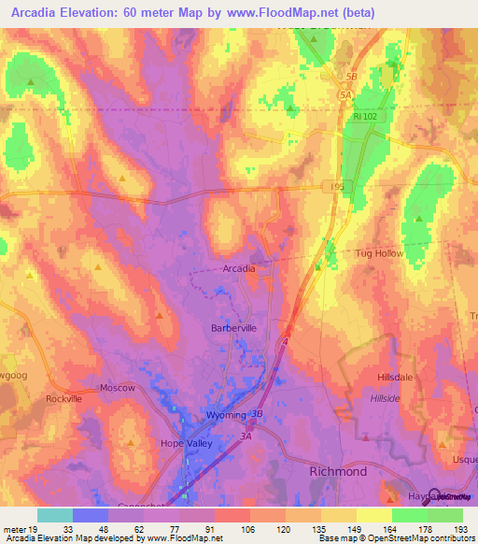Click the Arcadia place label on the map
(239, 268)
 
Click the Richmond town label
(338, 472)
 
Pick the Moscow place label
(118, 387)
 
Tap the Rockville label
(63, 398)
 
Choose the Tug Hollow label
(379, 253)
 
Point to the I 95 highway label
(338, 187)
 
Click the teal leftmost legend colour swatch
(54, 515)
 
